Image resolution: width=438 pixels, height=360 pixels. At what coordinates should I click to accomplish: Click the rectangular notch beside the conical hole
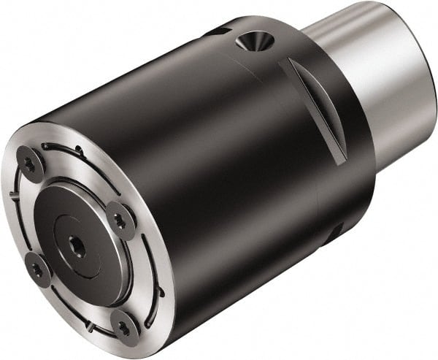coord(216,31)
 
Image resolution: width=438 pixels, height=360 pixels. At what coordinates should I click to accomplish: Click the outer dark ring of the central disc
coord(55,219)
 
